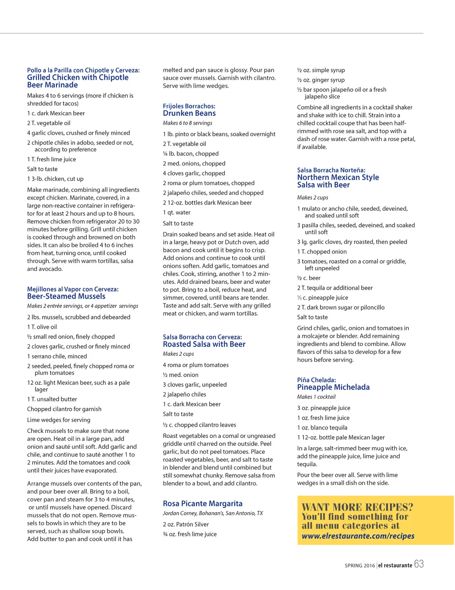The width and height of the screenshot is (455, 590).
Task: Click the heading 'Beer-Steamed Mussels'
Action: point(66,296)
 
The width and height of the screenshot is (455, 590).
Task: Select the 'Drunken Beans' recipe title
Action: point(189,113)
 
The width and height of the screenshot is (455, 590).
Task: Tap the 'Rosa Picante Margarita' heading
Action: point(203,503)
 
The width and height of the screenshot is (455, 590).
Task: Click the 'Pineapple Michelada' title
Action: point(333,387)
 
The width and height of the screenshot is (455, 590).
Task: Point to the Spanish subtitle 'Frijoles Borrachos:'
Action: point(189,106)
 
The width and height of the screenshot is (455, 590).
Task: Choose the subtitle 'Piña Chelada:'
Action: point(316,380)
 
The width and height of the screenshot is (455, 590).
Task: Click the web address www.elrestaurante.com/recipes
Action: point(358,536)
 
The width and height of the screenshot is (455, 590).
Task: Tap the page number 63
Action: point(419,564)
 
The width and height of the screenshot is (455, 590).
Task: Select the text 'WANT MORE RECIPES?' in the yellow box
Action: point(357,507)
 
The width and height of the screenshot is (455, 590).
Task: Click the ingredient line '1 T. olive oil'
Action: point(42,327)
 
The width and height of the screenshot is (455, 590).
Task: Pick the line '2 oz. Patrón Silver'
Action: point(186,524)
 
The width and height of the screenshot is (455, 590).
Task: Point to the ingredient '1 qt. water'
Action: point(176,212)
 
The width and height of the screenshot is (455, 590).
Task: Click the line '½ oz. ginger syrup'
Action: point(321,80)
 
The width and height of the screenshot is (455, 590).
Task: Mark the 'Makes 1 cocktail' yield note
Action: point(316,397)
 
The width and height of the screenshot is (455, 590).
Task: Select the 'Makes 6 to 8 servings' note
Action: point(188,123)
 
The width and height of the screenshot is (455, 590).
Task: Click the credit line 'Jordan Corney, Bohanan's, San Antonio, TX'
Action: point(213,513)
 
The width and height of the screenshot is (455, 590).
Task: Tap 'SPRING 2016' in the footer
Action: point(359,566)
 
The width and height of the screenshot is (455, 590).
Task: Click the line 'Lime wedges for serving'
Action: point(59,420)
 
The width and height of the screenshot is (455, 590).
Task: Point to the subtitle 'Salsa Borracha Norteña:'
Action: point(331,170)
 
